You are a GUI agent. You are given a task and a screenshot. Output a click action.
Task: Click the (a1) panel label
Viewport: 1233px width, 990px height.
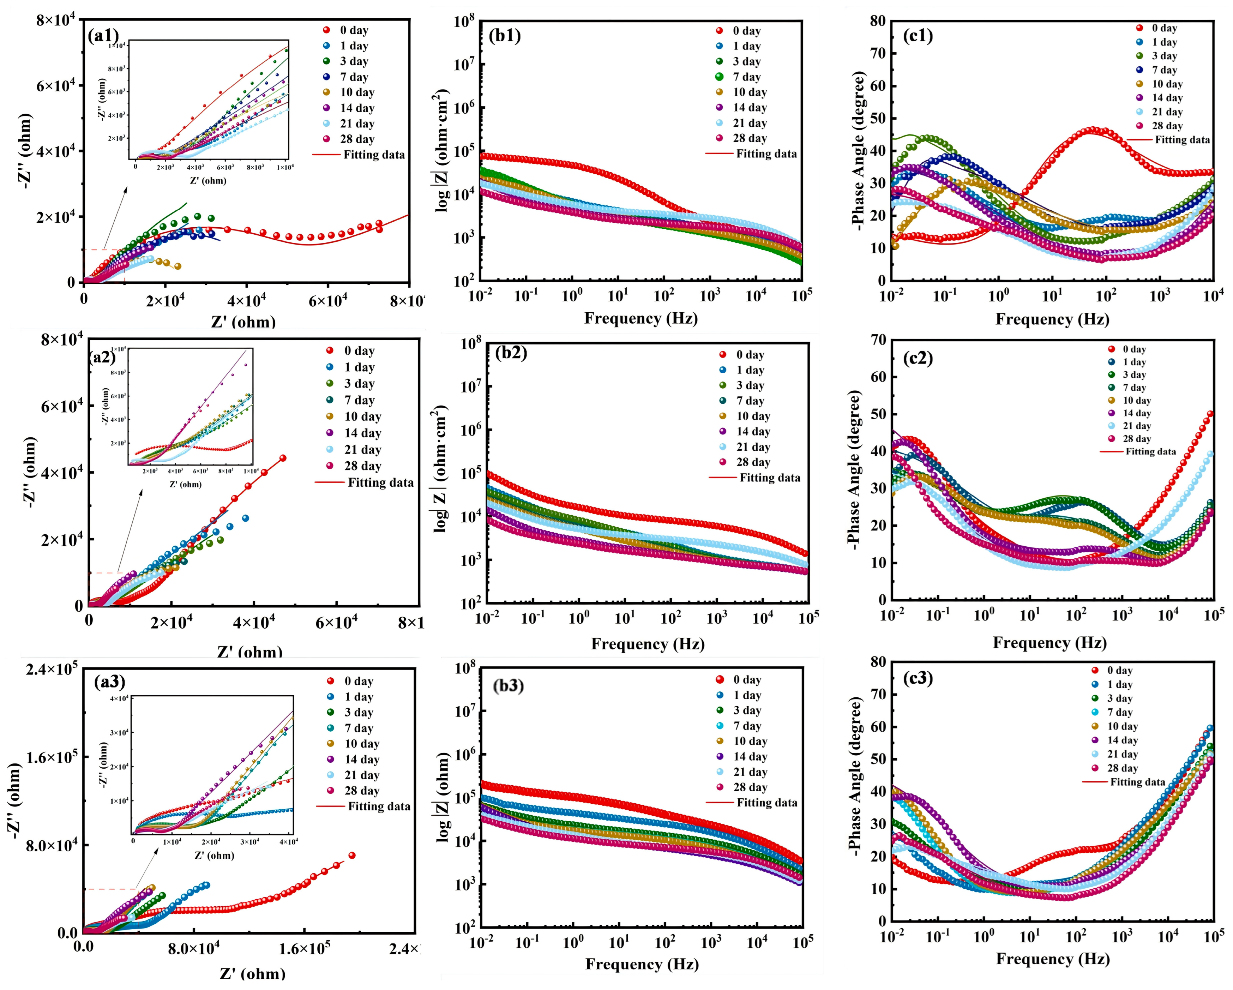[x=103, y=37]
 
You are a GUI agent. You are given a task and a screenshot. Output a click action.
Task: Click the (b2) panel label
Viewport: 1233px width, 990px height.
[x=511, y=353]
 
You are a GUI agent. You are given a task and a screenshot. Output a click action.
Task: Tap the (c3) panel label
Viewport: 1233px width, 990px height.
[x=917, y=678]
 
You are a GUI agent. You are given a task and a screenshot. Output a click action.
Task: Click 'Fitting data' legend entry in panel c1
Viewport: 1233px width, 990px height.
[x=1181, y=140]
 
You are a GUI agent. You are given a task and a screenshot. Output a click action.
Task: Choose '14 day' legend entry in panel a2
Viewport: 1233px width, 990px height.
[x=362, y=433]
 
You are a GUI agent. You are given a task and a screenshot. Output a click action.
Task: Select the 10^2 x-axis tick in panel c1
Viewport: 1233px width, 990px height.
[x=1106, y=296]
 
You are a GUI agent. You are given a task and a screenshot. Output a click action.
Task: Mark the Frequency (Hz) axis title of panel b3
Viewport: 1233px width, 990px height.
[x=642, y=964]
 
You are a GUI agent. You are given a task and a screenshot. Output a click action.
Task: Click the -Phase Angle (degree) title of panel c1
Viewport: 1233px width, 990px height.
[x=857, y=151]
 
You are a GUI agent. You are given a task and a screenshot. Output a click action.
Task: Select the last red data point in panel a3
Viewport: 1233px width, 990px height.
[x=352, y=856]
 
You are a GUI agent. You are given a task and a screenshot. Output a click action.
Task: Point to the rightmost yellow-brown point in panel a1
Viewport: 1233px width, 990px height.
[x=178, y=266]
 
